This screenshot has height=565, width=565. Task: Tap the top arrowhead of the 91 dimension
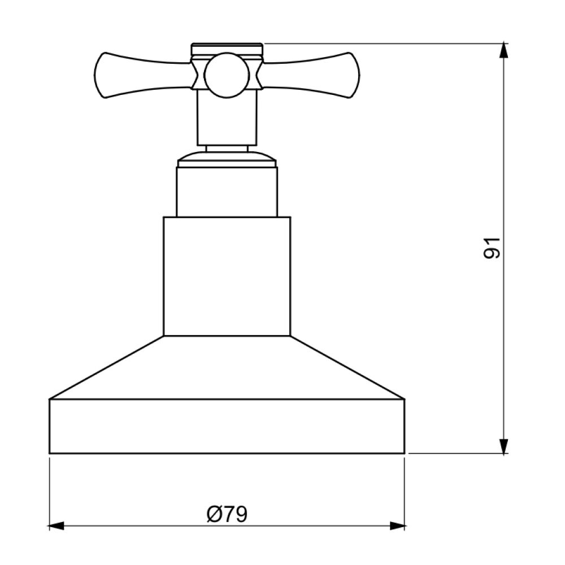[503, 51]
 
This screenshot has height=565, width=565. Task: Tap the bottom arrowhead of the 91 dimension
[503, 445]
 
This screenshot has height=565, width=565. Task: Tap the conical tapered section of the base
[227, 367]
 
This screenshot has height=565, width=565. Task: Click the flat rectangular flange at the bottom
[227, 426]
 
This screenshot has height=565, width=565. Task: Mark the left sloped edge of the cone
[107, 368]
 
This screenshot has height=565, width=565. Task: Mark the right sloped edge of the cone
[347, 368]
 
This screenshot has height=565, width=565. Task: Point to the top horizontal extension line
[384, 43]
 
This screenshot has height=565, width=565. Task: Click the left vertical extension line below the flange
[50, 492]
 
